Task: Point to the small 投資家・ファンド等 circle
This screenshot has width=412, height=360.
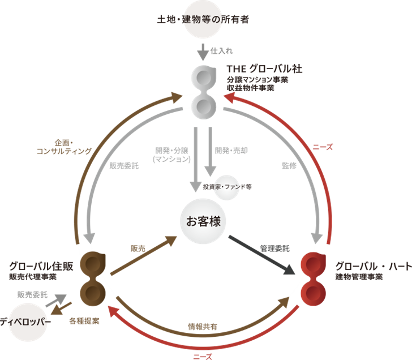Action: (226, 186)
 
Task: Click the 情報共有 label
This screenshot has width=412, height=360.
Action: (203, 327)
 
